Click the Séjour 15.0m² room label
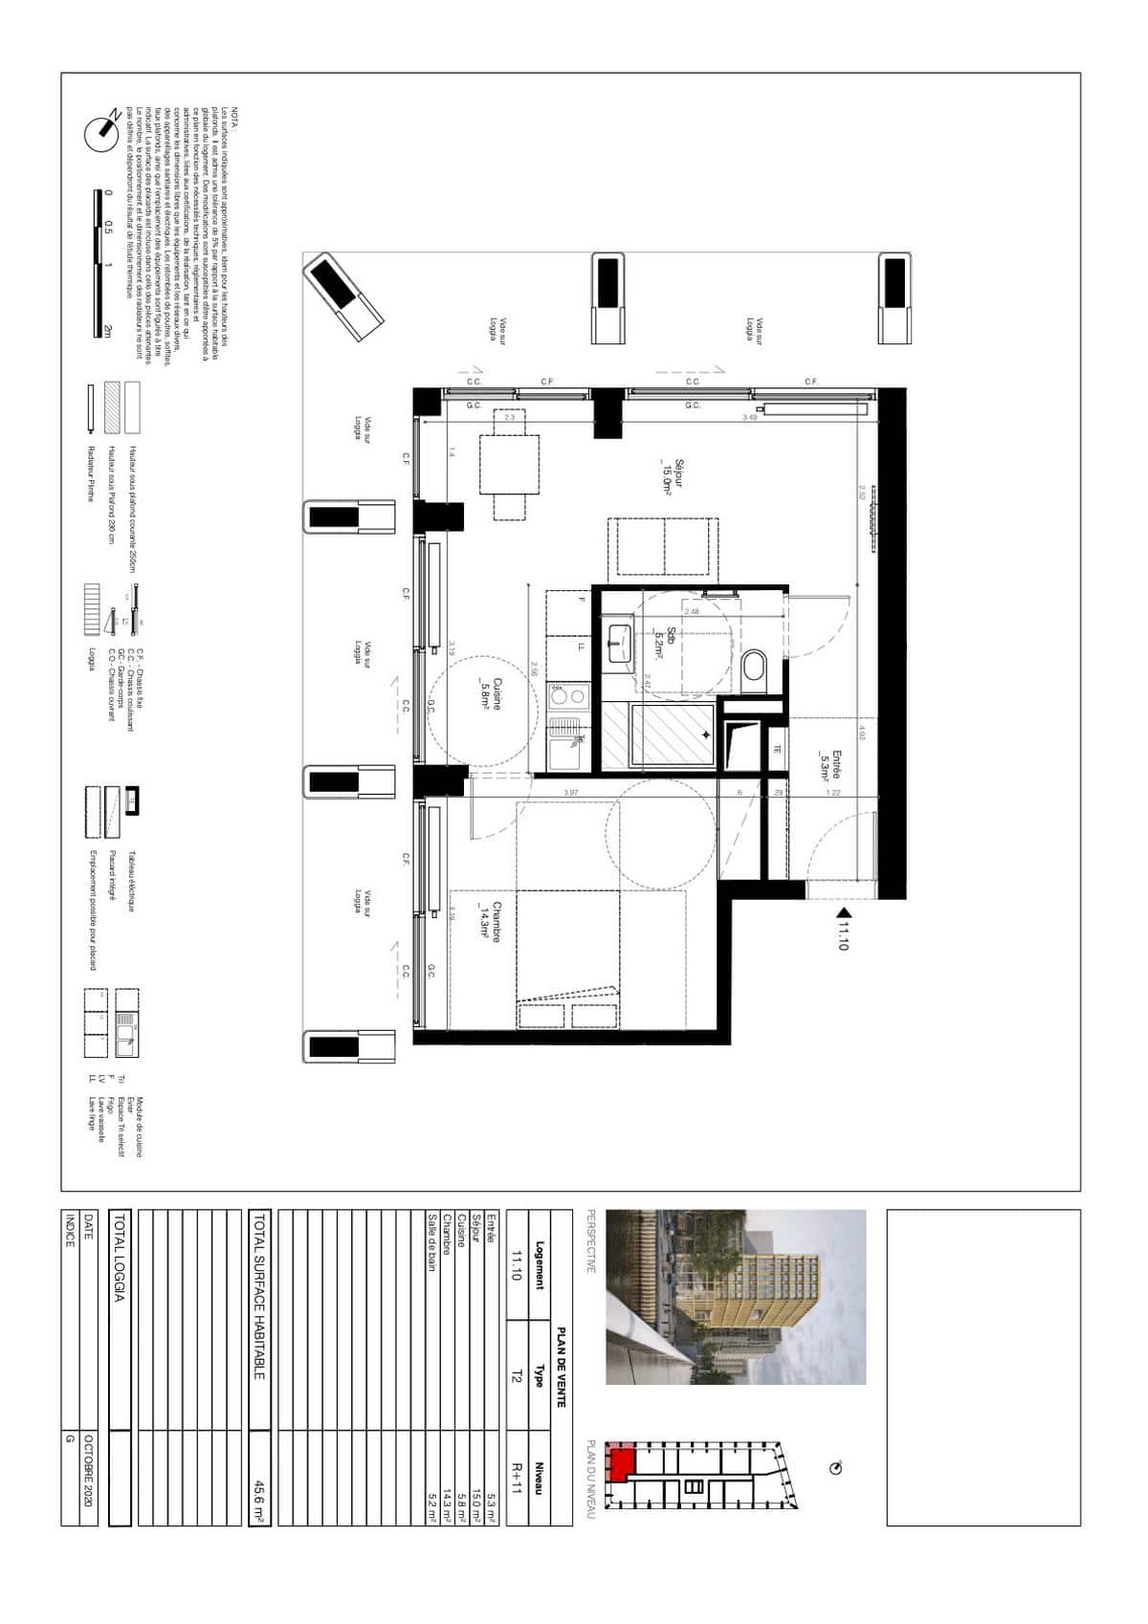point(661,475)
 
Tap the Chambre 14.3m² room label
point(491,924)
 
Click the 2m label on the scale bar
point(108,330)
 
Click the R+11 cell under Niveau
point(517,1477)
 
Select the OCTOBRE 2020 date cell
point(89,1477)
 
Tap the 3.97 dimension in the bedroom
point(570,793)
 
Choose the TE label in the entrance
point(777,750)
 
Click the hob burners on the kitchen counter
point(562,695)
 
